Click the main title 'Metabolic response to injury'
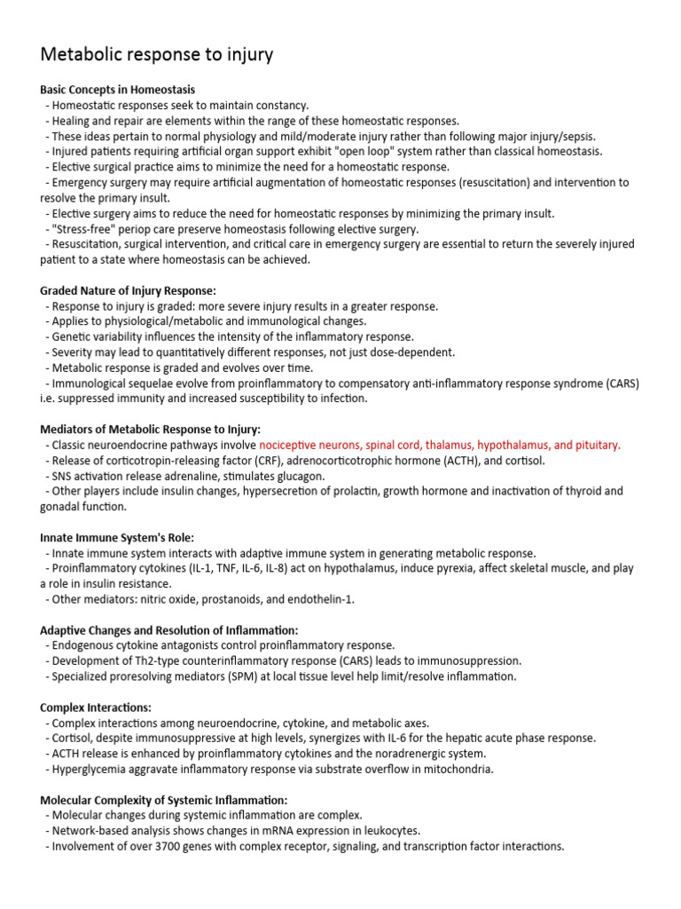pyautogui.click(x=157, y=55)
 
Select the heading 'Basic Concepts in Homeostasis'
pyautogui.click(x=118, y=90)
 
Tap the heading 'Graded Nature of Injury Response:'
pyautogui.click(x=129, y=290)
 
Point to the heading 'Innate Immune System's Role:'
pyautogui.click(x=116, y=537)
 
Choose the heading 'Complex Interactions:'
pyautogui.click(x=96, y=707)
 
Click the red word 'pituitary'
pyautogui.click(x=599, y=445)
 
